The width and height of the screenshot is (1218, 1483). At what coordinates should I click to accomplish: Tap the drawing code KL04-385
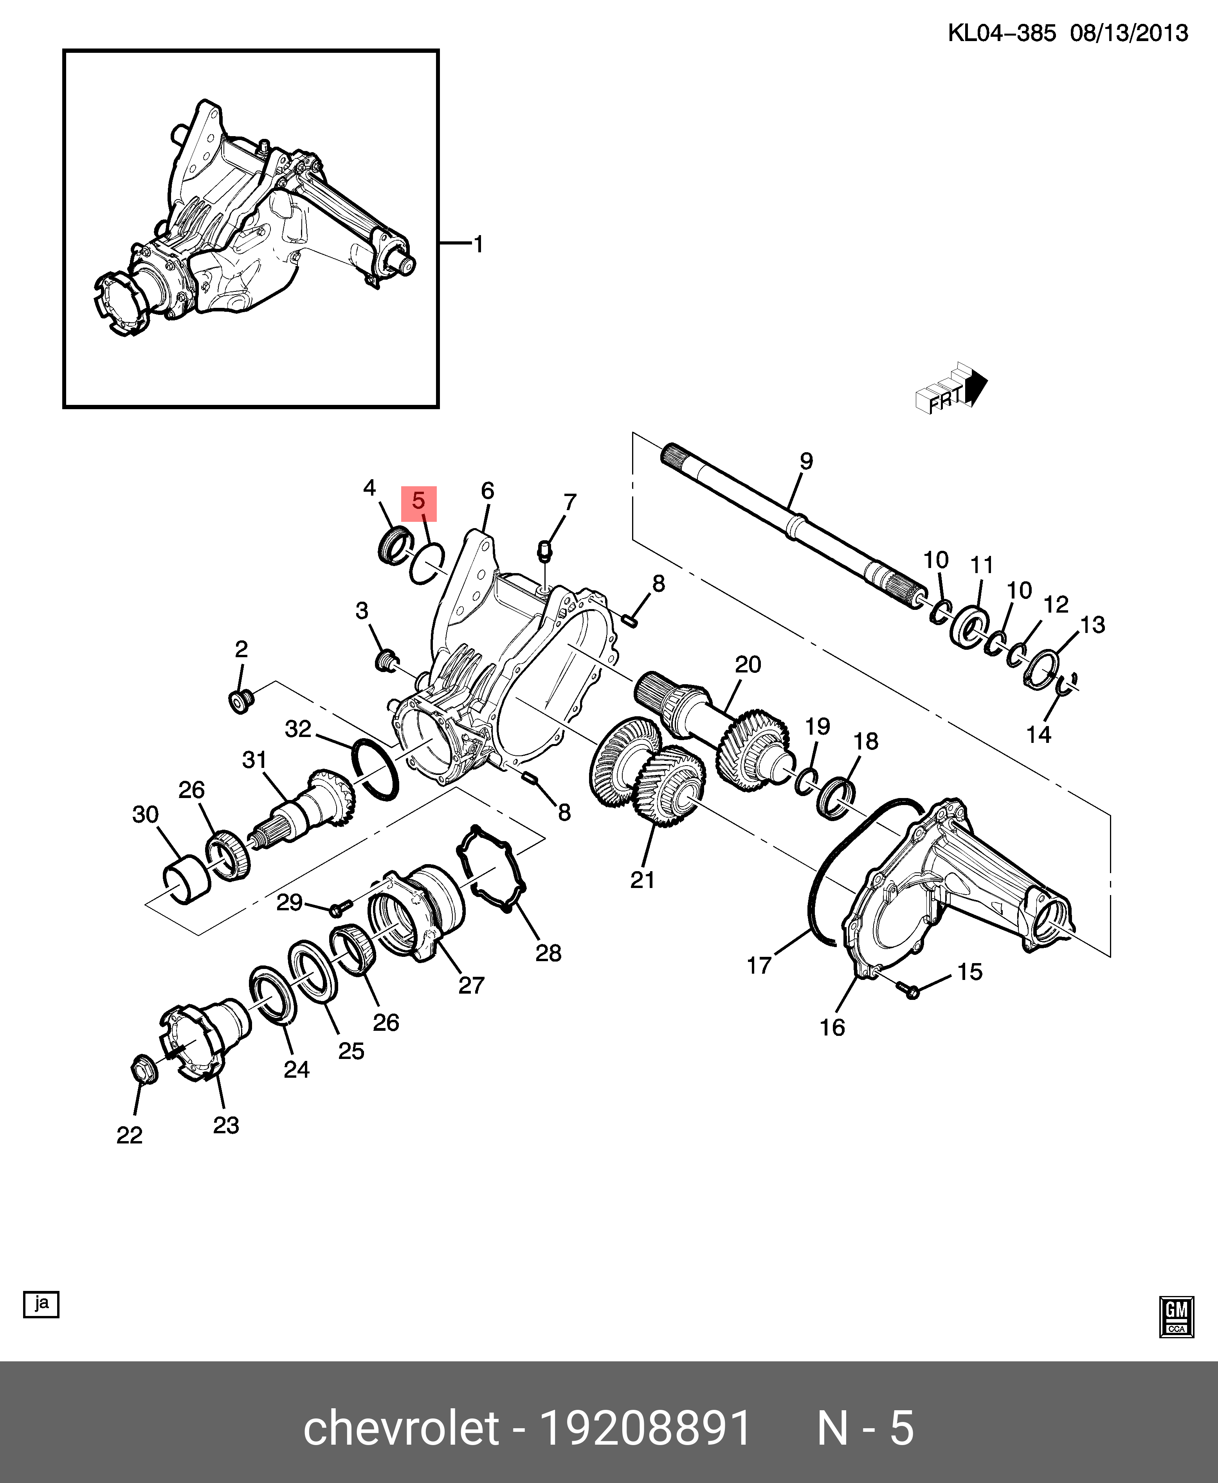pos(1002,33)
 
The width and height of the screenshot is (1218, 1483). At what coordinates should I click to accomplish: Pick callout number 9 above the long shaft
pos(806,461)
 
